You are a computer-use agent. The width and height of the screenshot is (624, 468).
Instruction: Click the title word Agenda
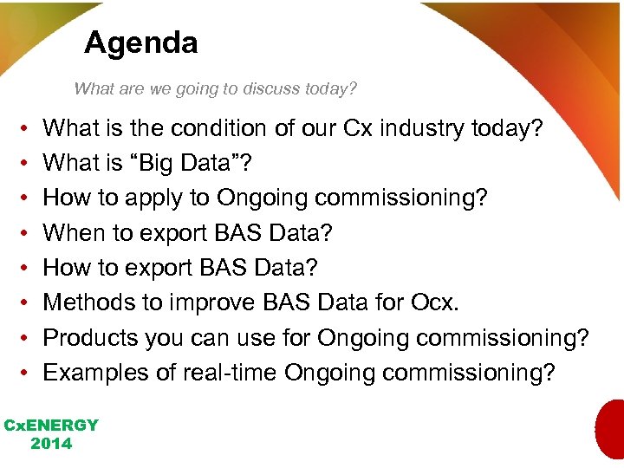(140, 42)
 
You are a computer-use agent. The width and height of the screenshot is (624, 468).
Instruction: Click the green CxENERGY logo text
(51, 426)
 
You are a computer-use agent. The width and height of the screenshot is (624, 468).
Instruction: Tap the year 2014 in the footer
(51, 444)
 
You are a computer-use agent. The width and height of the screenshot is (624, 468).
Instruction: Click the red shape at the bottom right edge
(611, 429)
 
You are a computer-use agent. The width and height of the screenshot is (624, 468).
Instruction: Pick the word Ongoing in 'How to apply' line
(263, 198)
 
